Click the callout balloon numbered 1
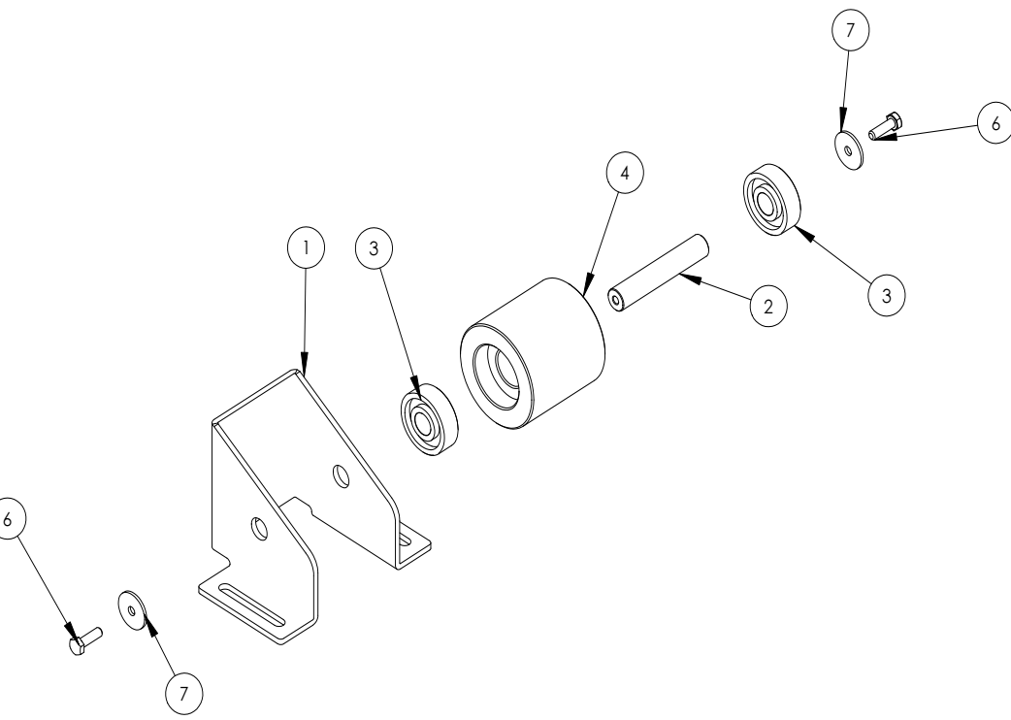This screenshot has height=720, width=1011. pyautogui.click(x=306, y=247)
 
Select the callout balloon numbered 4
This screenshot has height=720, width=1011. pyautogui.click(x=625, y=173)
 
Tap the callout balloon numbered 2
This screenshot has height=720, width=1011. pyautogui.click(x=768, y=307)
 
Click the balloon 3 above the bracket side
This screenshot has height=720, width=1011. pyautogui.click(x=374, y=248)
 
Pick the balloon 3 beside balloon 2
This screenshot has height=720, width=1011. pyautogui.click(x=887, y=296)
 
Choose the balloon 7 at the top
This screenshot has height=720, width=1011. pyautogui.click(x=851, y=30)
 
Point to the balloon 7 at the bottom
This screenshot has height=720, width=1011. pyautogui.click(x=183, y=694)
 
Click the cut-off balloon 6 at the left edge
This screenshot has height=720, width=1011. pyautogui.click(x=9, y=519)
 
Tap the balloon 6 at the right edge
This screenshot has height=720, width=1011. pyautogui.click(x=995, y=123)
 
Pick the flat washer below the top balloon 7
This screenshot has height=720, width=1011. pyautogui.click(x=850, y=150)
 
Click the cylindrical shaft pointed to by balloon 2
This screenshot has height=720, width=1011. pyautogui.click(x=658, y=273)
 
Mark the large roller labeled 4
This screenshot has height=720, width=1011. pyautogui.click(x=533, y=353)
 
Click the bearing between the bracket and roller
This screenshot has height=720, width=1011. pyautogui.click(x=429, y=419)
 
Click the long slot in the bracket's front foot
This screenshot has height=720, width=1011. pyautogui.click(x=251, y=605)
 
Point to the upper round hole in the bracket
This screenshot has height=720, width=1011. pyautogui.click(x=341, y=475)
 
